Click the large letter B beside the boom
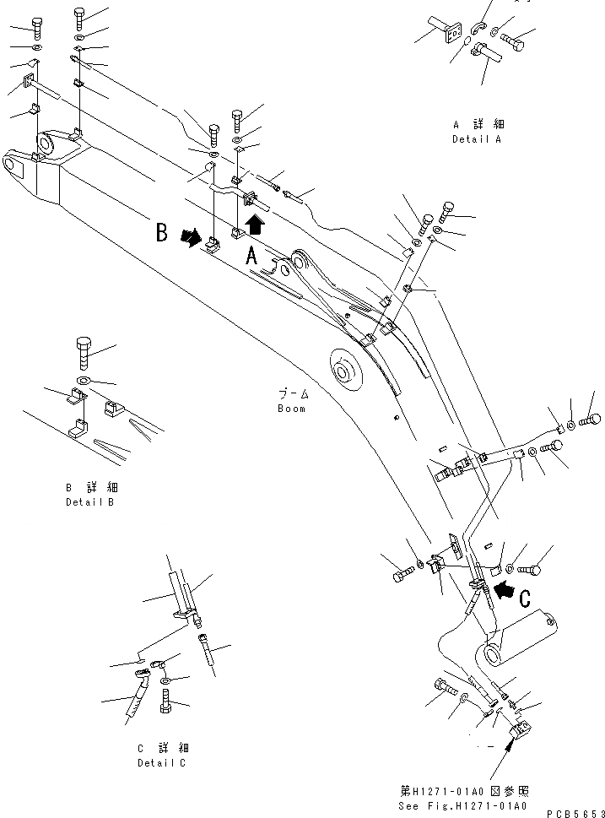(x=163, y=233)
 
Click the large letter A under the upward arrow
(x=251, y=257)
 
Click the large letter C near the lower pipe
(x=524, y=599)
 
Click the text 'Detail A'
(x=477, y=139)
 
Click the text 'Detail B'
(x=91, y=502)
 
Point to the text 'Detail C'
(x=163, y=763)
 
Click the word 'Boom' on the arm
(x=291, y=409)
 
